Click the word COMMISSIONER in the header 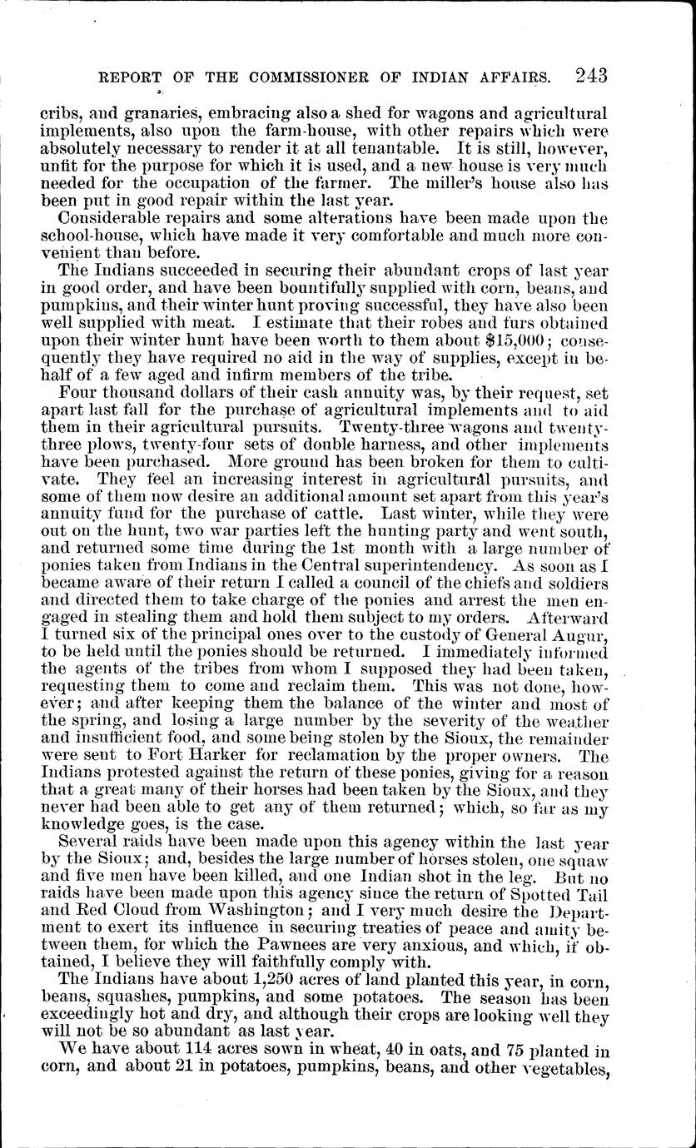tap(312, 77)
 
